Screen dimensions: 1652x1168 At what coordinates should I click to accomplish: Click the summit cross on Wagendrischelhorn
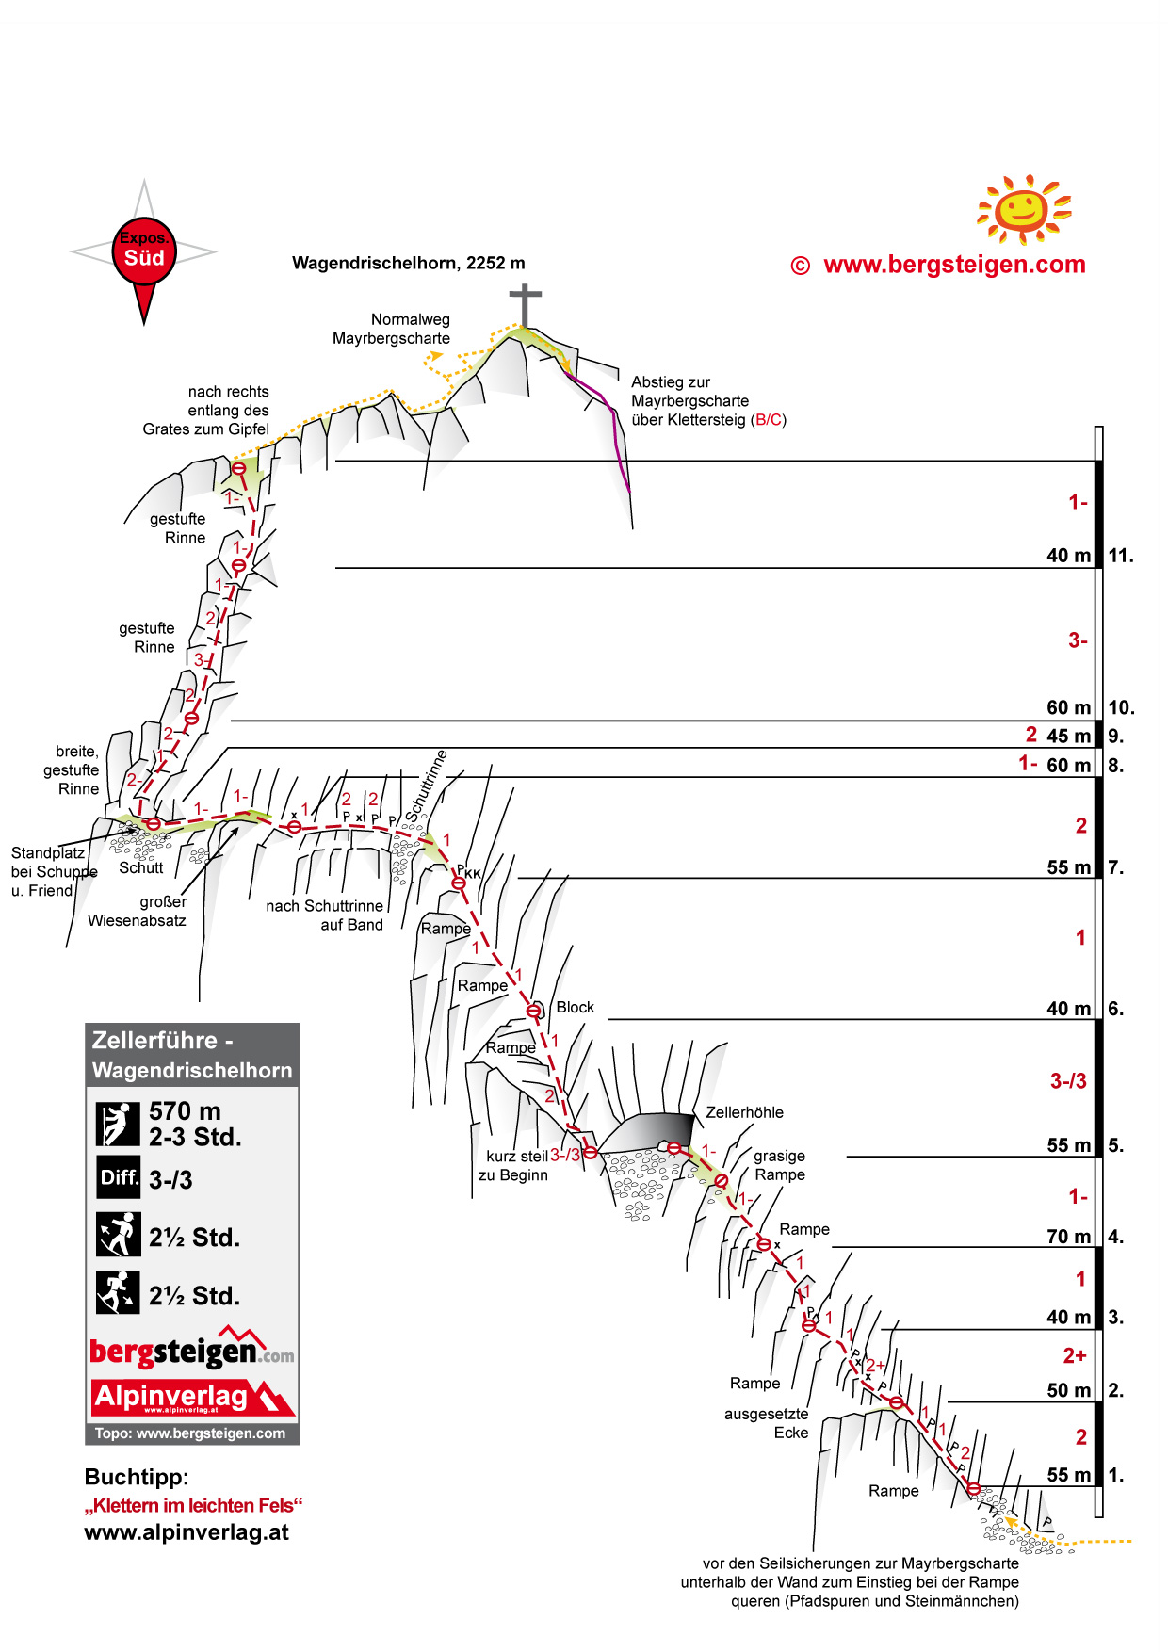tap(525, 304)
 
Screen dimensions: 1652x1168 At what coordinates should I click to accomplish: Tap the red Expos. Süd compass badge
tap(144, 251)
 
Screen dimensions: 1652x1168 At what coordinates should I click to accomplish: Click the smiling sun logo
tap(1024, 208)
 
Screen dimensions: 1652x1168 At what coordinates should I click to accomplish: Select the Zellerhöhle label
tap(744, 1112)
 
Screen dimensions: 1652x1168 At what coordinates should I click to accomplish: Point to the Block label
tap(575, 1007)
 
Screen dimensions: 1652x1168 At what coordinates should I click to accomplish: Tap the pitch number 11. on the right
tap(1120, 556)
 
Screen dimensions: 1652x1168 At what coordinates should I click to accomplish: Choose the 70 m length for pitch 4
tap(1068, 1237)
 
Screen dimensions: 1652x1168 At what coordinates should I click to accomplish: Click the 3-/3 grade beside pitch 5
tap(1068, 1081)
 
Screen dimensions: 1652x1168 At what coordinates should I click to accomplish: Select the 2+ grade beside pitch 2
tap(1075, 1355)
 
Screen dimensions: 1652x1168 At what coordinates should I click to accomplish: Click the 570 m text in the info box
tap(185, 1111)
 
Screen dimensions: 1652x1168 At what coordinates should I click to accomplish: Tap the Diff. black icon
tap(119, 1177)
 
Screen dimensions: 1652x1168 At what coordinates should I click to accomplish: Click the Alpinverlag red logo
tap(192, 1397)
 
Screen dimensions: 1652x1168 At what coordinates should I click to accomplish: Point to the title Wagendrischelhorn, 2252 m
tap(408, 263)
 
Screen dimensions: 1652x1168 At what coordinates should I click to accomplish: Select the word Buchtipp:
tap(137, 1477)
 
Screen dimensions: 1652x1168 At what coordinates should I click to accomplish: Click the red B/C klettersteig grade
tap(769, 420)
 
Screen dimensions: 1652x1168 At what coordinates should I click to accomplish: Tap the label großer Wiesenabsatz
tap(138, 911)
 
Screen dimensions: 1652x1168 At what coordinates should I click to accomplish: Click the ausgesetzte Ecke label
tap(767, 1423)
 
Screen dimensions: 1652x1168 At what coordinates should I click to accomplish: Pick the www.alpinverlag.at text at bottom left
tap(187, 1532)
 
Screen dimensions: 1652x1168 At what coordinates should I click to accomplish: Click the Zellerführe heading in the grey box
tap(154, 1040)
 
